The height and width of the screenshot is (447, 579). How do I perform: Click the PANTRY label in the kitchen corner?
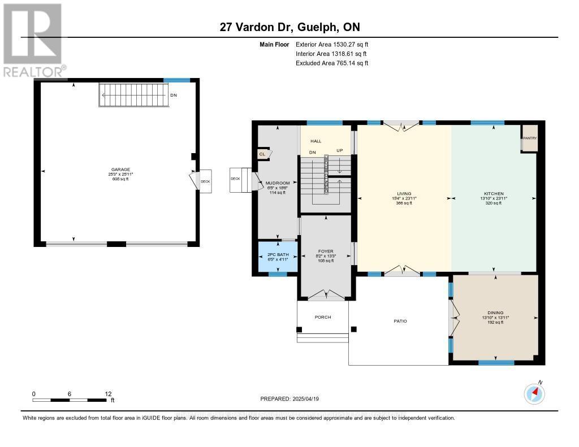tap(529, 138)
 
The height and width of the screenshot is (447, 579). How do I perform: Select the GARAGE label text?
tap(120, 169)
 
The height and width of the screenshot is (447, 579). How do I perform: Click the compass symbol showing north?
tap(534, 393)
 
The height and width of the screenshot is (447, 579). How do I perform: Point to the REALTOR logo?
tap(33, 40)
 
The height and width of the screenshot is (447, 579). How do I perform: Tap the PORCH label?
tap(323, 317)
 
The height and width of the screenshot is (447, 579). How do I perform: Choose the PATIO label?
tap(400, 321)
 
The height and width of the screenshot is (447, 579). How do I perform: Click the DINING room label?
tap(495, 313)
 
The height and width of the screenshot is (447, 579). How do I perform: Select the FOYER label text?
tap(326, 251)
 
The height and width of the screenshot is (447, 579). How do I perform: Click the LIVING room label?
tap(404, 194)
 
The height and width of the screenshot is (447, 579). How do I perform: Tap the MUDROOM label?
tap(278, 183)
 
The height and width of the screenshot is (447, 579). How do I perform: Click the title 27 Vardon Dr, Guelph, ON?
tap(289, 27)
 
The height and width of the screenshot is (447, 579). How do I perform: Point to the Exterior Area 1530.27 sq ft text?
tap(332, 44)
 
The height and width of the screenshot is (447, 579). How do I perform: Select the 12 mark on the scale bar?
tap(108, 394)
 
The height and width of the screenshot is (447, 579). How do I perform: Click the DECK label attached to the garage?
tap(205, 181)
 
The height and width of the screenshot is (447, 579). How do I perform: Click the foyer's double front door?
tap(327, 294)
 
